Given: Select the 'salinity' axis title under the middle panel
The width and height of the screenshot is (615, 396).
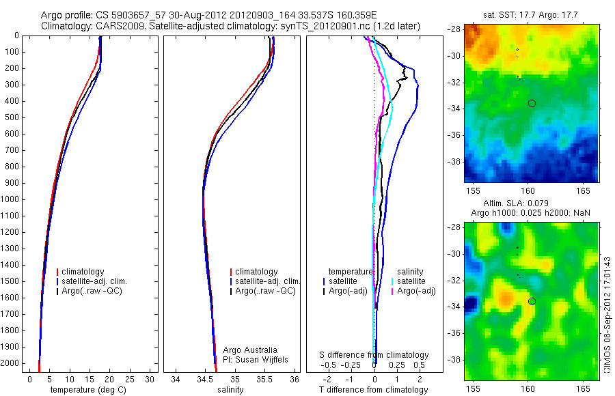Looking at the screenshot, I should pyautogui.click(x=230, y=390).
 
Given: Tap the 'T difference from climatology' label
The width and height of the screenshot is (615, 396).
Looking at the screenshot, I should pyautogui.click(x=374, y=390).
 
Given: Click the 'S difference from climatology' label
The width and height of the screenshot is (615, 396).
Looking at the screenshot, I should pyautogui.click(x=374, y=355).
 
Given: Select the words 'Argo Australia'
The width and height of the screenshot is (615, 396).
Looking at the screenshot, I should pyautogui.click(x=250, y=350).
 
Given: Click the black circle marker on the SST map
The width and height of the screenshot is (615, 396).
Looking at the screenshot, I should pyautogui.click(x=532, y=103).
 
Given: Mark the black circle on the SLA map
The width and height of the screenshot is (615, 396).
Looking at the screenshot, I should pyautogui.click(x=532, y=301).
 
